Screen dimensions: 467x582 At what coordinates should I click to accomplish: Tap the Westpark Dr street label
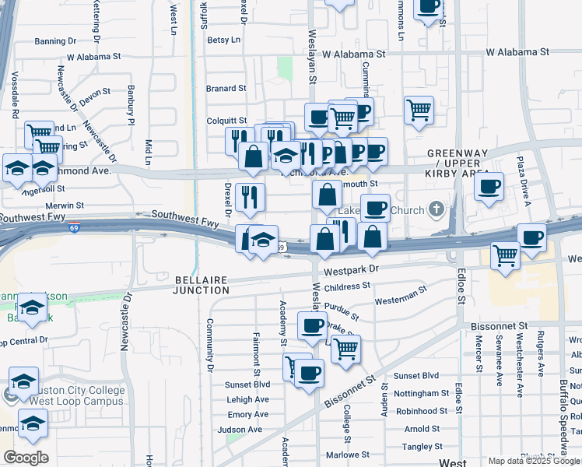click(351, 270)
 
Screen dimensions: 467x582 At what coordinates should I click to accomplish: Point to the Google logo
click(26, 458)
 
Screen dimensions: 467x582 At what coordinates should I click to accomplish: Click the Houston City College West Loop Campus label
click(68, 395)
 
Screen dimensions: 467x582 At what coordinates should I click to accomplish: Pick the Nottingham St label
click(422, 393)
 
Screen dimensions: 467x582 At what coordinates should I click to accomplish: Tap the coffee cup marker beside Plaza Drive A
click(489, 187)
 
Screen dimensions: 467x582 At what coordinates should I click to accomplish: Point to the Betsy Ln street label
click(223, 40)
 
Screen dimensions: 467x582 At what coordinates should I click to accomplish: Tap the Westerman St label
click(401, 299)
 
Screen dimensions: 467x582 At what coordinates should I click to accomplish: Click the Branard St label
click(226, 89)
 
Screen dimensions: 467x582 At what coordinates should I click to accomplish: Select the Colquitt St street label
click(226, 121)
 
